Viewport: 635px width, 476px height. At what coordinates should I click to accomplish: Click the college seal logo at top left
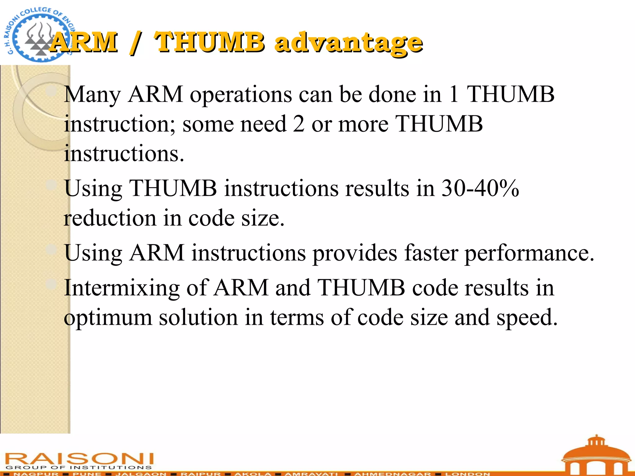(x=37, y=34)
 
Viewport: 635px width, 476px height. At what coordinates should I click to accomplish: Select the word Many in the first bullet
(x=92, y=95)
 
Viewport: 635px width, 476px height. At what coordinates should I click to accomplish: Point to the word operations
(x=241, y=95)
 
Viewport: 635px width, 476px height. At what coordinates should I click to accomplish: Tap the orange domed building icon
(x=596, y=456)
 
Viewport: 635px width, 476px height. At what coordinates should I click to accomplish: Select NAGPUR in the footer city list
(x=36, y=474)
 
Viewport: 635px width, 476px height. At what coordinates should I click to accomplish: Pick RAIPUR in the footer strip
(x=201, y=474)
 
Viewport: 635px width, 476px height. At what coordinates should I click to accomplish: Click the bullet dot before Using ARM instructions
(x=51, y=249)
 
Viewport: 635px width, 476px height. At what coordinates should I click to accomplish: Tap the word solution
(x=198, y=318)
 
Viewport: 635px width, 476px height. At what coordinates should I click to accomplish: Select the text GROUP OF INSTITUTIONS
(x=79, y=467)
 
